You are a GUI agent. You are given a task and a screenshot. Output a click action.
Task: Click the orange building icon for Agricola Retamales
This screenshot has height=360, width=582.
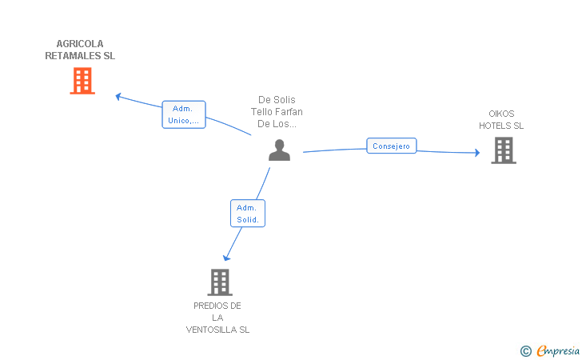[82, 81]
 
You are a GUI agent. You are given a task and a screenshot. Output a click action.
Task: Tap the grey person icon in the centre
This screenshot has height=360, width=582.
[279, 150]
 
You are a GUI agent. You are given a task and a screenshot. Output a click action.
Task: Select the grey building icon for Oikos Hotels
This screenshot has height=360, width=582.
[504, 150]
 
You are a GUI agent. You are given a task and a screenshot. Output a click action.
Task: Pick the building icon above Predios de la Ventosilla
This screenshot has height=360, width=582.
[220, 282]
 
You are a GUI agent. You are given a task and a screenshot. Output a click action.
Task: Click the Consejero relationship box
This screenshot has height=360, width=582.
[391, 146]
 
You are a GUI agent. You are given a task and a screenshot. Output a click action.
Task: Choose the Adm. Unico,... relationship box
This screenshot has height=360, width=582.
[184, 114]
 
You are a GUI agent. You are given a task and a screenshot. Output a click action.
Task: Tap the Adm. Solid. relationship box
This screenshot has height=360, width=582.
[248, 214]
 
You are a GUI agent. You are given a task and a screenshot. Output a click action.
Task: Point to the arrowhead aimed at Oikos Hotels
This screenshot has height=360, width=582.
[477, 152]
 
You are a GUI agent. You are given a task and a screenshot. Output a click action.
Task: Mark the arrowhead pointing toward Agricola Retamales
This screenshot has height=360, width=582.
[118, 97]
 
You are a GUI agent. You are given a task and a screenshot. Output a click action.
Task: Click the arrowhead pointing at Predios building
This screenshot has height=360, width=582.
[226, 258]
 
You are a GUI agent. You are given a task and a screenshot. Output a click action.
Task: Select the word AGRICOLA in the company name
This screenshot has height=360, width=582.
[80, 44]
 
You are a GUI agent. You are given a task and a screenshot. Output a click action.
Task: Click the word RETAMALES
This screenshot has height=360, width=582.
[73, 56]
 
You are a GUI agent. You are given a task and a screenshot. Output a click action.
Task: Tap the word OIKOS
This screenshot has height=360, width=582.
[501, 114]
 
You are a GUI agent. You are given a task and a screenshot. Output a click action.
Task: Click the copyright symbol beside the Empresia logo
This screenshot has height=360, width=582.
[526, 351]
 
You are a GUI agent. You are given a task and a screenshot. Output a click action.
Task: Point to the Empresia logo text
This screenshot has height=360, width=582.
[558, 350]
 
